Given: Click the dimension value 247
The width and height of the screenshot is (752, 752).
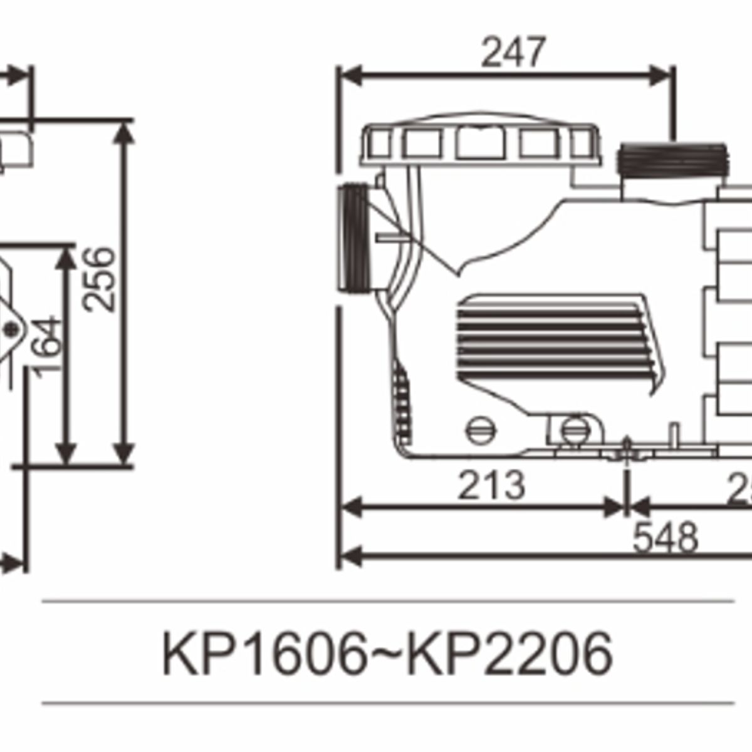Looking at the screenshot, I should point(513,53).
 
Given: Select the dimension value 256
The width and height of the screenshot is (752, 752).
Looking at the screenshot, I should point(100,279).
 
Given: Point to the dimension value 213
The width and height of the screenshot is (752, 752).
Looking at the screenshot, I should point(491,486).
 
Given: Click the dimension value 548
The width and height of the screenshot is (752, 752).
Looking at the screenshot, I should point(665,538).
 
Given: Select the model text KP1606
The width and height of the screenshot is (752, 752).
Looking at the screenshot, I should point(264,654).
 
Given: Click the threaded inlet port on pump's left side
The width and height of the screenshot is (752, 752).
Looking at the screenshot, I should point(355,238).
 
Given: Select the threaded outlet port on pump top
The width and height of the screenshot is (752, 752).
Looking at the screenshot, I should point(672,159).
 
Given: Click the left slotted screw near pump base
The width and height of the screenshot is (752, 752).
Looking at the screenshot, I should point(481,431).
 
